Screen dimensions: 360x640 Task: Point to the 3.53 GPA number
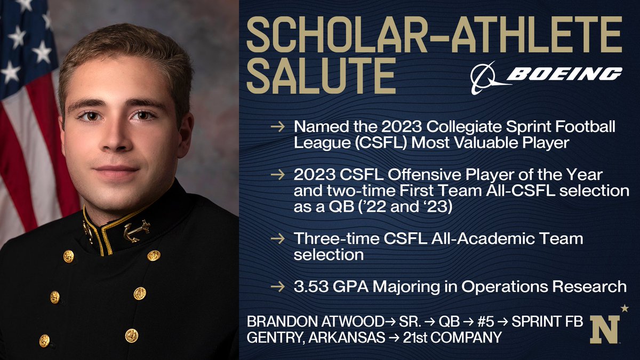tap(310, 286)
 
